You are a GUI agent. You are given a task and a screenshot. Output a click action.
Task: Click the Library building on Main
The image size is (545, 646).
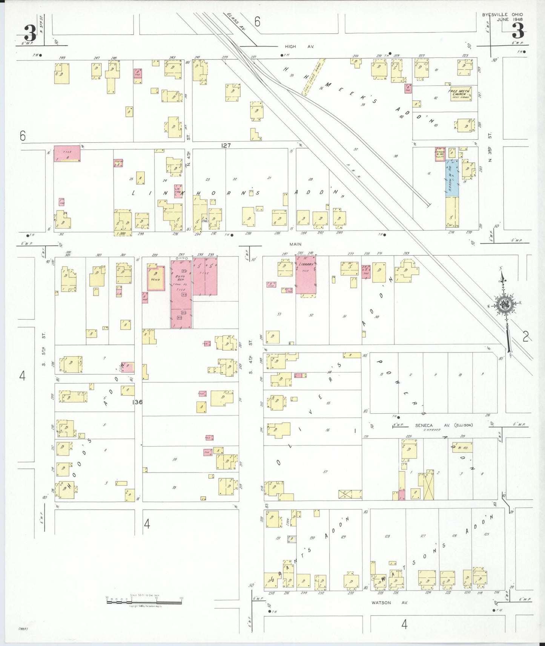pyautogui.click(x=306, y=276)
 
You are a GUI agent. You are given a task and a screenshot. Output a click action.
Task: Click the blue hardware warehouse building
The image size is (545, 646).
pyautogui.click(x=452, y=178)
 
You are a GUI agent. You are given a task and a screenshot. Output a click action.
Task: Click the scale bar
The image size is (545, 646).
pyautogui.click(x=144, y=601)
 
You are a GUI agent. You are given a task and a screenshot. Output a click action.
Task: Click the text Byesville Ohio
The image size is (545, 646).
pyautogui.click(x=502, y=15)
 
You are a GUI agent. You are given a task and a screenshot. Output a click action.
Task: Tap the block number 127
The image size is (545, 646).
pyautogui.click(x=226, y=145)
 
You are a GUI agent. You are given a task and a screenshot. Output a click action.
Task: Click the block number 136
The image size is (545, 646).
pyautogui.click(x=137, y=402)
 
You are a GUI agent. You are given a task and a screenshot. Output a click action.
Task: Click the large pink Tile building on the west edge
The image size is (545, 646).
pyautogui.click(x=67, y=153)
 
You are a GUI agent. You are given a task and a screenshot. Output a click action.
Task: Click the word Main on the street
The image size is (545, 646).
pyautogui.click(x=295, y=244)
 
